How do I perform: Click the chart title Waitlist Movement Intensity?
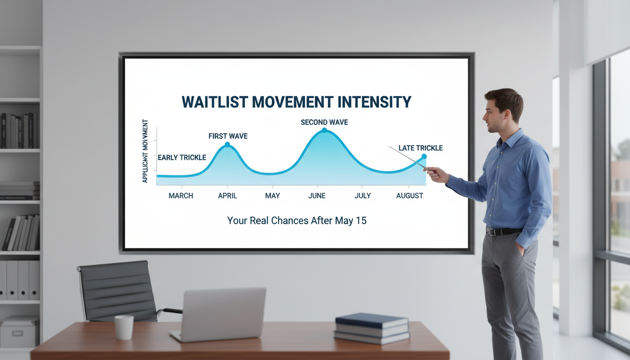point(296,102)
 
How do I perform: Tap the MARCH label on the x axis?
point(180,195)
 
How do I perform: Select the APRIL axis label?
point(227,195)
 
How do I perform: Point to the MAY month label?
point(272,195)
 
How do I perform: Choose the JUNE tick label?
point(317,195)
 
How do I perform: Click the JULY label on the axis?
point(362,195)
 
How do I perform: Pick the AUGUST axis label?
point(410,195)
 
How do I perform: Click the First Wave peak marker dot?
point(227,144)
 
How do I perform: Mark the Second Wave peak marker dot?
point(324,130)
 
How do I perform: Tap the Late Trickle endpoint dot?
point(424,156)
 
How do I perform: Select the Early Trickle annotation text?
point(181,157)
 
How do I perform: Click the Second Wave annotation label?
point(324,122)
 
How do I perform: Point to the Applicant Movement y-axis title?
point(145,151)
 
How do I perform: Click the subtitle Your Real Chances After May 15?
point(297,220)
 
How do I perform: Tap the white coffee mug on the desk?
point(124,327)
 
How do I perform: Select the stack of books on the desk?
point(372,328)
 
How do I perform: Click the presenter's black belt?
point(504,231)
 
